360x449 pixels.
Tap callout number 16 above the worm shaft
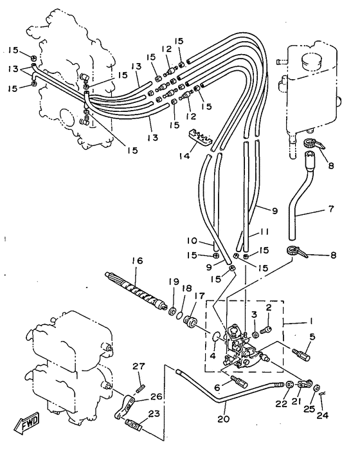pos(137,261)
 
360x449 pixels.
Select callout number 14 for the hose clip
pos(185,156)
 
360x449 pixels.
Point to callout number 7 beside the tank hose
pos(331,209)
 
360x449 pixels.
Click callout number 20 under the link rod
pos(224,419)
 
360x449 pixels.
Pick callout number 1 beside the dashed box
pos(310,320)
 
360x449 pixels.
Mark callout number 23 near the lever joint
pos(154,414)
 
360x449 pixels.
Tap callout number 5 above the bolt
pos(312,337)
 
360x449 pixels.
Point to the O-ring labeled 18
pos(179,315)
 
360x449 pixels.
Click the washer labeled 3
pos(255,334)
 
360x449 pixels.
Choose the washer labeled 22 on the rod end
pos(289,384)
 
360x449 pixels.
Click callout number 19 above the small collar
pos(174,282)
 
